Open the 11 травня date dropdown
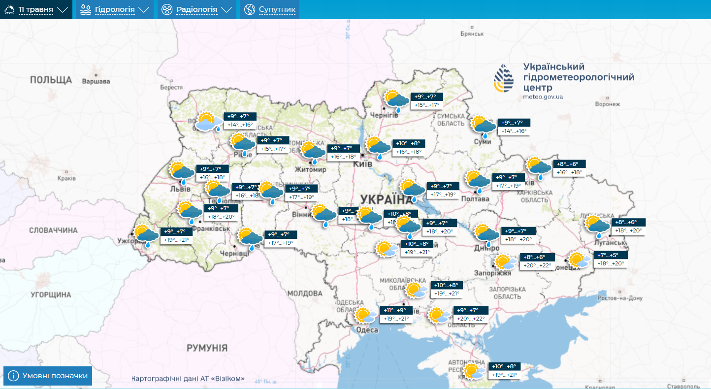click(36, 9)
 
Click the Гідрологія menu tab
click(114, 9)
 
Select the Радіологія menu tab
click(196, 9)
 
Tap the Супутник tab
click(270, 9)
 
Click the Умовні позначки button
click(48, 376)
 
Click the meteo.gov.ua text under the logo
click(543, 97)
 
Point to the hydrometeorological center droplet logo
click(504, 78)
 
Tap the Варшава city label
click(96, 81)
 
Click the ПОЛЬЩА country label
click(51, 80)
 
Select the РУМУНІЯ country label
click(207, 348)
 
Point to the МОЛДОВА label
click(304, 293)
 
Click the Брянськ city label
click(472, 34)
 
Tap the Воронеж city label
click(607, 104)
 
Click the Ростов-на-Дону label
click(619, 298)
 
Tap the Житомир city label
click(313, 169)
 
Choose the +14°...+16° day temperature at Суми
click(514, 131)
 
